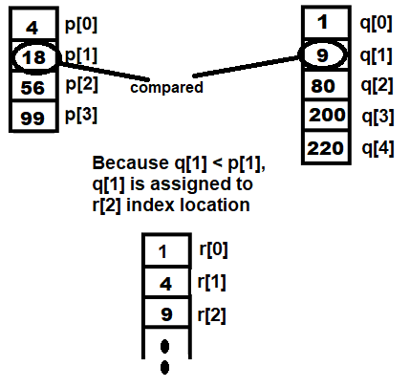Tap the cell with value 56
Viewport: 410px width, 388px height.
(33, 87)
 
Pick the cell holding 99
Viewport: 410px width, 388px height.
(33, 117)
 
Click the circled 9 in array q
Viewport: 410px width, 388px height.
(322, 55)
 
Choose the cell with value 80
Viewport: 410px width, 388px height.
(326, 85)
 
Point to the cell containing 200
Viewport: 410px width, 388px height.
(326, 115)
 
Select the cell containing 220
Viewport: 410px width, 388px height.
(326, 148)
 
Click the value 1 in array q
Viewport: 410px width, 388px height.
(323, 22)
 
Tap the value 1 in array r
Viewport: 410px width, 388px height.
(162, 251)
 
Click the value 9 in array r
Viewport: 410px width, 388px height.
(166, 314)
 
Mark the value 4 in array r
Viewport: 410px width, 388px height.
(165, 284)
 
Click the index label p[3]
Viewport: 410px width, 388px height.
(81, 115)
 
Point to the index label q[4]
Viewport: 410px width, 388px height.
(378, 148)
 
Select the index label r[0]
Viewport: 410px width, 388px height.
(213, 249)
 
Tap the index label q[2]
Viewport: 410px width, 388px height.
(377, 85)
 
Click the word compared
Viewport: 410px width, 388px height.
(166, 88)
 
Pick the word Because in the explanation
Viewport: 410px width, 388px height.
(130, 162)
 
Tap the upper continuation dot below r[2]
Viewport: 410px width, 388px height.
(164, 347)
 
